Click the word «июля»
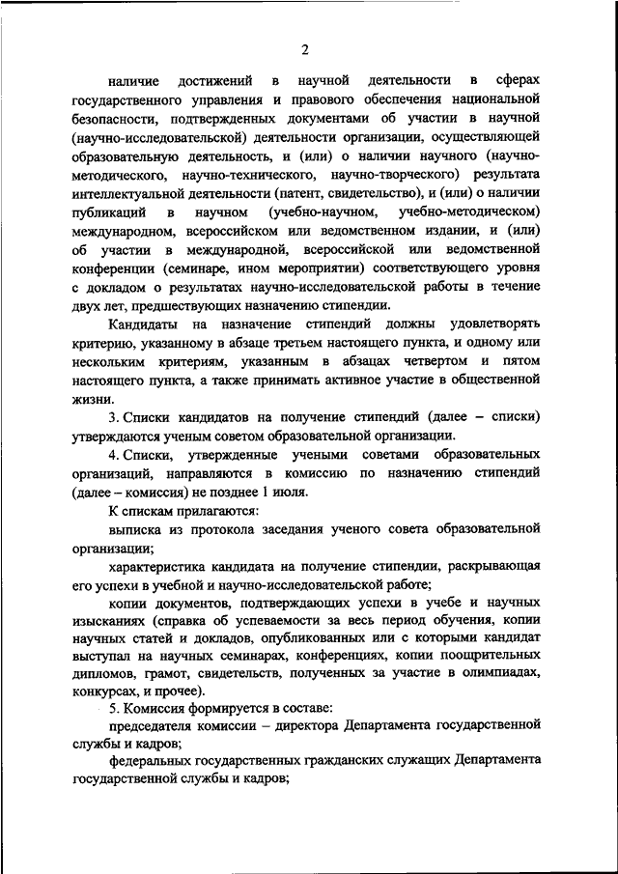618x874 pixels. pyautogui.click(x=288, y=491)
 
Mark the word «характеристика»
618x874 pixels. pyautogui.click(x=161, y=566)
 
